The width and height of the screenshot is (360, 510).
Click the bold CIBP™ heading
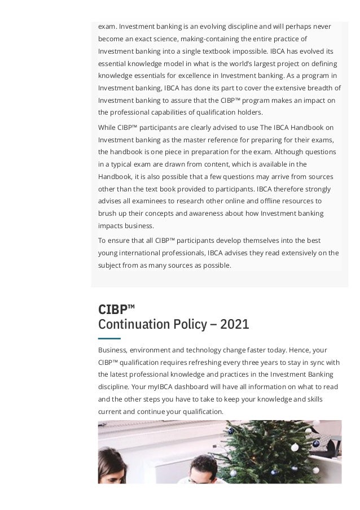116,310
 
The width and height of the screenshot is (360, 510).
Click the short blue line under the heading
109,337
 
